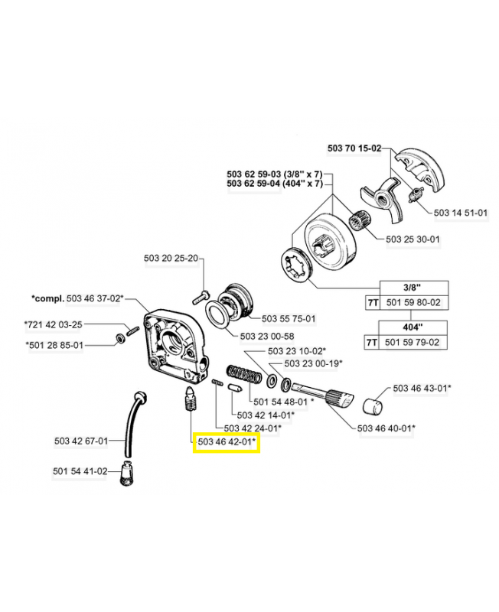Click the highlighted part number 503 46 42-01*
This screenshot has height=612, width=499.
(x=227, y=441)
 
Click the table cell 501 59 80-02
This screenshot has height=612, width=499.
(x=414, y=303)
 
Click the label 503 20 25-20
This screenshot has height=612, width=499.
(x=171, y=258)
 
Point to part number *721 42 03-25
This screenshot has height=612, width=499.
(x=55, y=324)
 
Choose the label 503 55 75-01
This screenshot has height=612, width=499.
(x=289, y=318)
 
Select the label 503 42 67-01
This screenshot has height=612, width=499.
(x=81, y=441)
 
